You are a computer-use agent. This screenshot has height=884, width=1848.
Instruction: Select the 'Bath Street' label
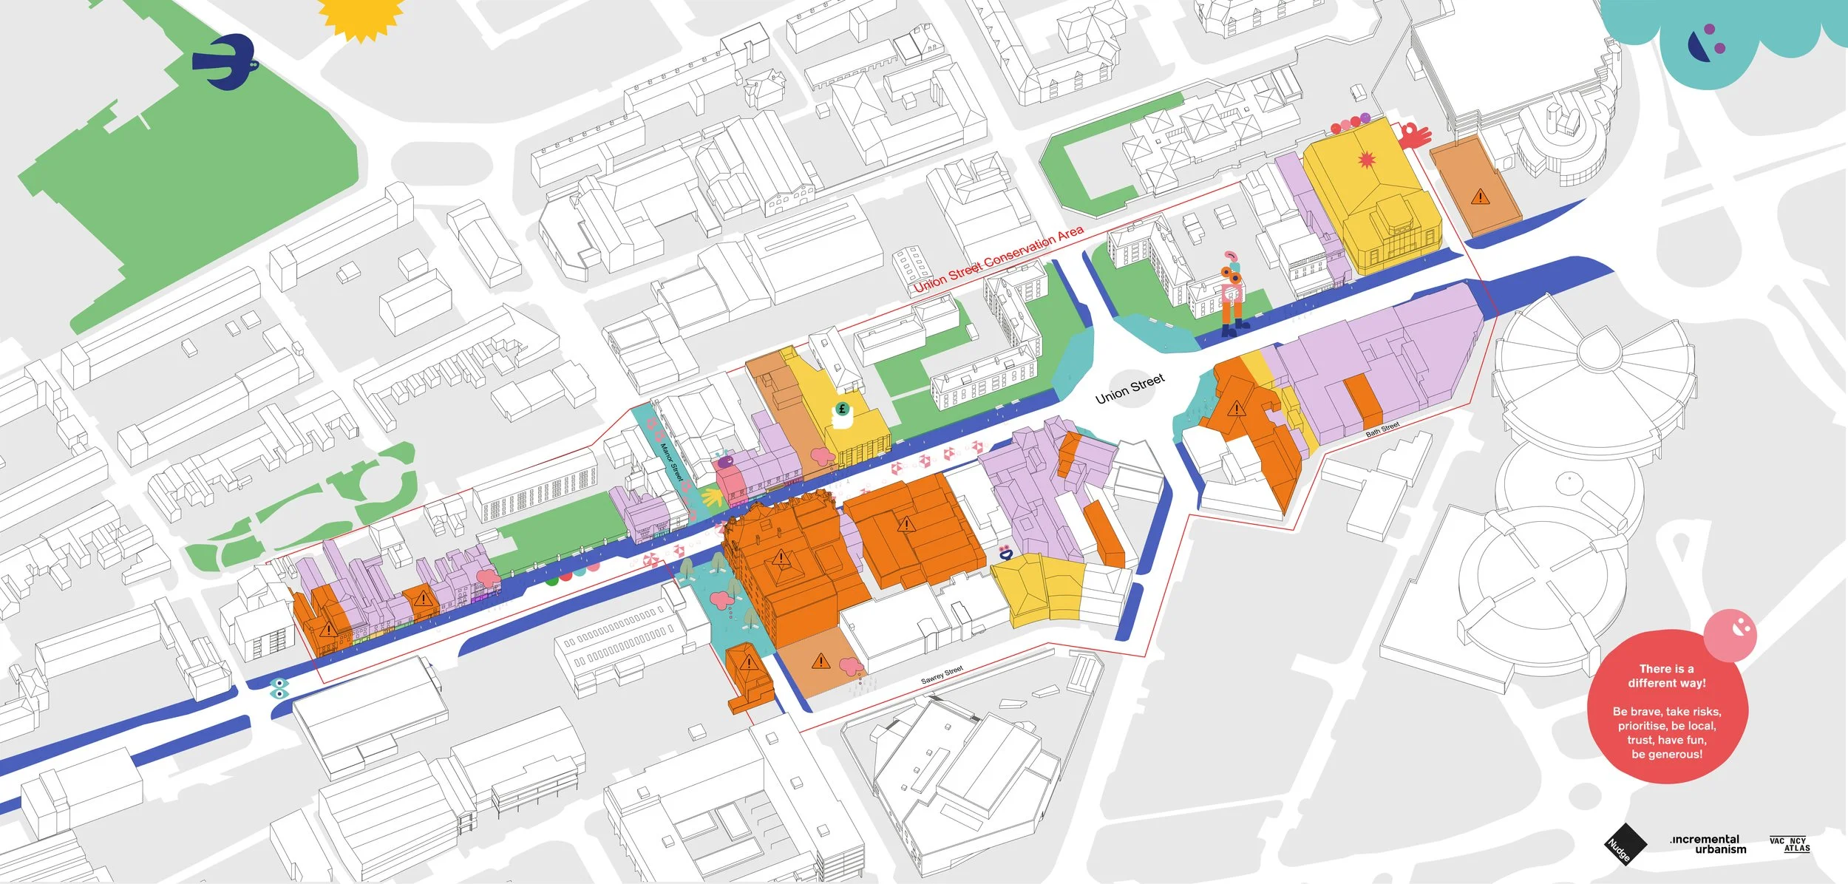[1382, 429]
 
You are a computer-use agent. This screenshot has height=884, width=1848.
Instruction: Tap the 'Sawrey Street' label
[942, 675]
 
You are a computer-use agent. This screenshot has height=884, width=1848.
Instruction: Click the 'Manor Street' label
[669, 461]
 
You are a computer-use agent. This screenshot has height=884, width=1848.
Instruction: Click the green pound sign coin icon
[841, 409]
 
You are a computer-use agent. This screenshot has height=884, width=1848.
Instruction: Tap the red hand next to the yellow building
[1413, 135]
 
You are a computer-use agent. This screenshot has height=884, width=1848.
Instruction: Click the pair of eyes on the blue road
[278, 688]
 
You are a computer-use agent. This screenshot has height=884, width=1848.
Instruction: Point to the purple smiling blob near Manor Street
[726, 462]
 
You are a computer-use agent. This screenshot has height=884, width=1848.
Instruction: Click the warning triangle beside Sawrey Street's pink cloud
[821, 660]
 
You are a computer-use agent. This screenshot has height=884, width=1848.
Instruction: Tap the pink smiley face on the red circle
[1730, 634]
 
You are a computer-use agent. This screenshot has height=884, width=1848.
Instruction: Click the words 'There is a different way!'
[1666, 676]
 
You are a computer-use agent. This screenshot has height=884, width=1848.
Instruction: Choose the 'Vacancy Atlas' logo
[1790, 843]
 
